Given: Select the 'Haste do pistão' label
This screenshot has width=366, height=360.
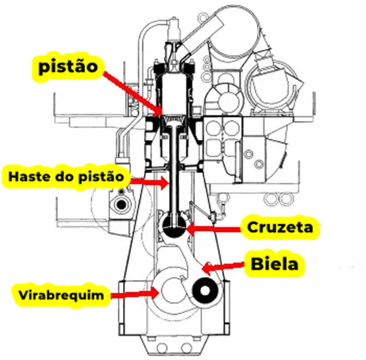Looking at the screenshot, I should click(x=65, y=177).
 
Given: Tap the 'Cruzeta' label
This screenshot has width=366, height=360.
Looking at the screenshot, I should click(x=280, y=228).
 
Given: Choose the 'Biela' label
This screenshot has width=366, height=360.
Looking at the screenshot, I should click(x=274, y=264).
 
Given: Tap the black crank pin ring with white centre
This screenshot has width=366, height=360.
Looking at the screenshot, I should click(x=203, y=294).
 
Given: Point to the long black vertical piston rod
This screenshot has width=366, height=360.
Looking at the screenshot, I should click(x=173, y=173).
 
